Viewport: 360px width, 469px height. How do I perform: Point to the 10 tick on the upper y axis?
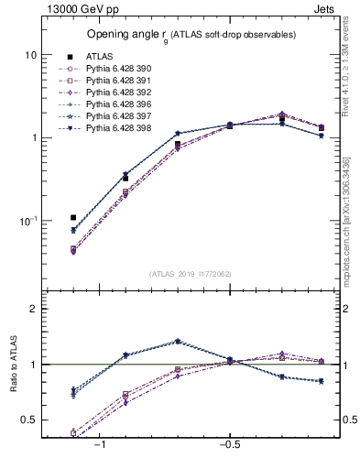click(30, 55)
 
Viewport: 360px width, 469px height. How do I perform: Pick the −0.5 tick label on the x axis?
click(229, 443)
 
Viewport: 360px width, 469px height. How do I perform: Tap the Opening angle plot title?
click(191, 34)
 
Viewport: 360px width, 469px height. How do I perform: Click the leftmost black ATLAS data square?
click(73, 218)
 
